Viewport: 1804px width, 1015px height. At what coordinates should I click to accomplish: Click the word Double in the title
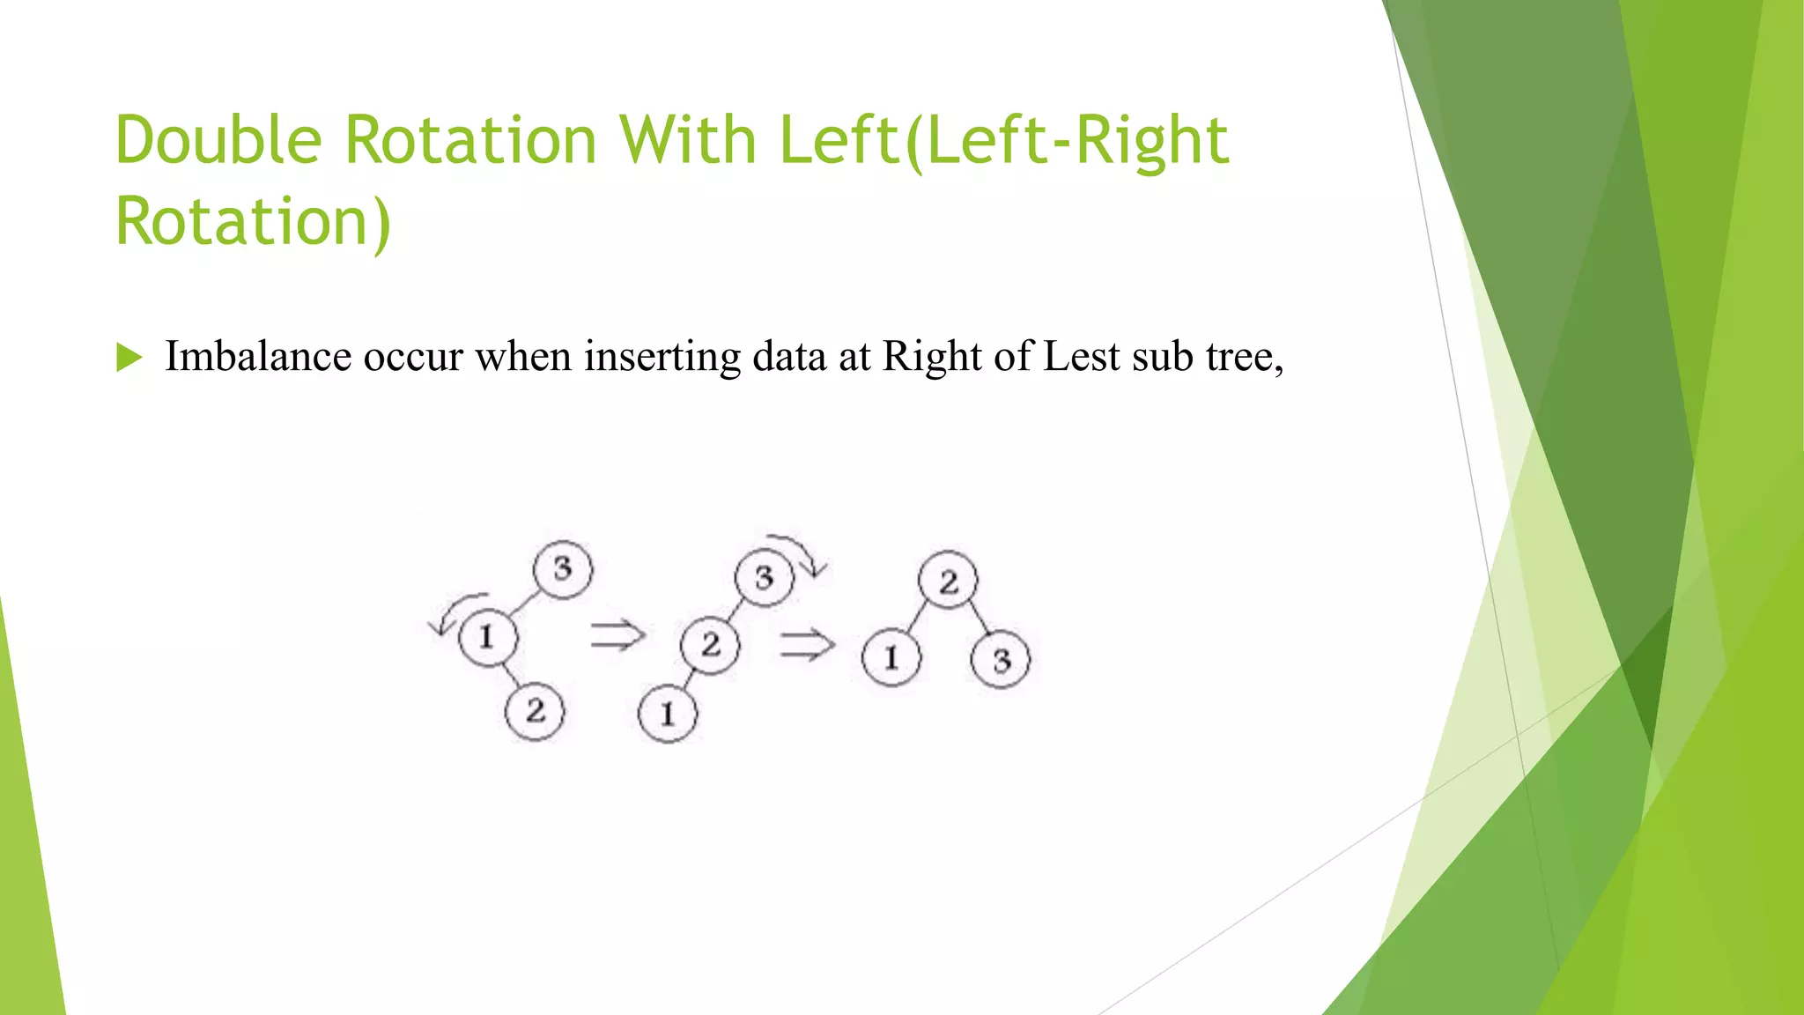[x=219, y=140]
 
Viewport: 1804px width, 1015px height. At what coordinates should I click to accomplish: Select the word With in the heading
[x=686, y=140]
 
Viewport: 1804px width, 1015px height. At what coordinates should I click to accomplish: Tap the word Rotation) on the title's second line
[x=253, y=221]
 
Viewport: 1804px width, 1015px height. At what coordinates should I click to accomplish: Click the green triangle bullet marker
[x=129, y=358]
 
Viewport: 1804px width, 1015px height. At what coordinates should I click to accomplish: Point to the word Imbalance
[x=258, y=357]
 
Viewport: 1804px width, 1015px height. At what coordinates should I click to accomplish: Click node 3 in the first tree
[x=563, y=569]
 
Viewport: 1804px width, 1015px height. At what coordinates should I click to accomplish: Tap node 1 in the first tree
[x=487, y=636]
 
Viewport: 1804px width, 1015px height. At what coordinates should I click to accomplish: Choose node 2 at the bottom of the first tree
[x=535, y=711]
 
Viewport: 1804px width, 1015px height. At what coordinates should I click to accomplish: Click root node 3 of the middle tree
[x=764, y=578]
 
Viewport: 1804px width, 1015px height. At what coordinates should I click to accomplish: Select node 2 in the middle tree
[x=710, y=645]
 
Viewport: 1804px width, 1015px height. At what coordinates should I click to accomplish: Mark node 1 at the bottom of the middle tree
[x=667, y=714]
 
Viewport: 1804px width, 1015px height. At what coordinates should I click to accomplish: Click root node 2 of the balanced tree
[x=948, y=582]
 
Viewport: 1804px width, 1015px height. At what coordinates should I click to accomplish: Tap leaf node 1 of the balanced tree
[x=891, y=657]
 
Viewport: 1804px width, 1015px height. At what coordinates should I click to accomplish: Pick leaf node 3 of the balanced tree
[x=1001, y=660]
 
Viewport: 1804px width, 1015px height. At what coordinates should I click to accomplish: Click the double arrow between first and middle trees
[x=617, y=634]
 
